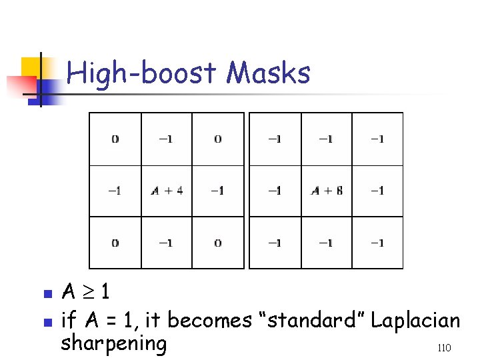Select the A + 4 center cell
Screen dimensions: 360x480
tap(167, 191)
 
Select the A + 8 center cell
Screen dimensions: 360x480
tap(327, 191)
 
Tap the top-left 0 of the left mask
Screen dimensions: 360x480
tap(115, 139)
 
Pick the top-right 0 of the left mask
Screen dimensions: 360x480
tap(217, 139)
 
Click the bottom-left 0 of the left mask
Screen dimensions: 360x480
tap(115, 243)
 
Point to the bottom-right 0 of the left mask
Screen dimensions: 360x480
tap(217, 243)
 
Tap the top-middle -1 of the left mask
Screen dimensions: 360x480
tap(167, 139)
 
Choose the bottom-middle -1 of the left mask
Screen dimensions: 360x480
tap(167, 243)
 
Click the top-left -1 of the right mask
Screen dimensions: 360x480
tap(274, 139)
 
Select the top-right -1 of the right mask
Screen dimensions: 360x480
tap(377, 139)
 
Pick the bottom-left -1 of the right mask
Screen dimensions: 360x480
tap(274, 243)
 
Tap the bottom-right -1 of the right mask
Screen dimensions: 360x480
tap(377, 243)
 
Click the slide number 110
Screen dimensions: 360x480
tap(445, 348)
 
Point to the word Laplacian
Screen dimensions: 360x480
tap(415, 321)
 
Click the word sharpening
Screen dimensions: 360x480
tap(113, 344)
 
